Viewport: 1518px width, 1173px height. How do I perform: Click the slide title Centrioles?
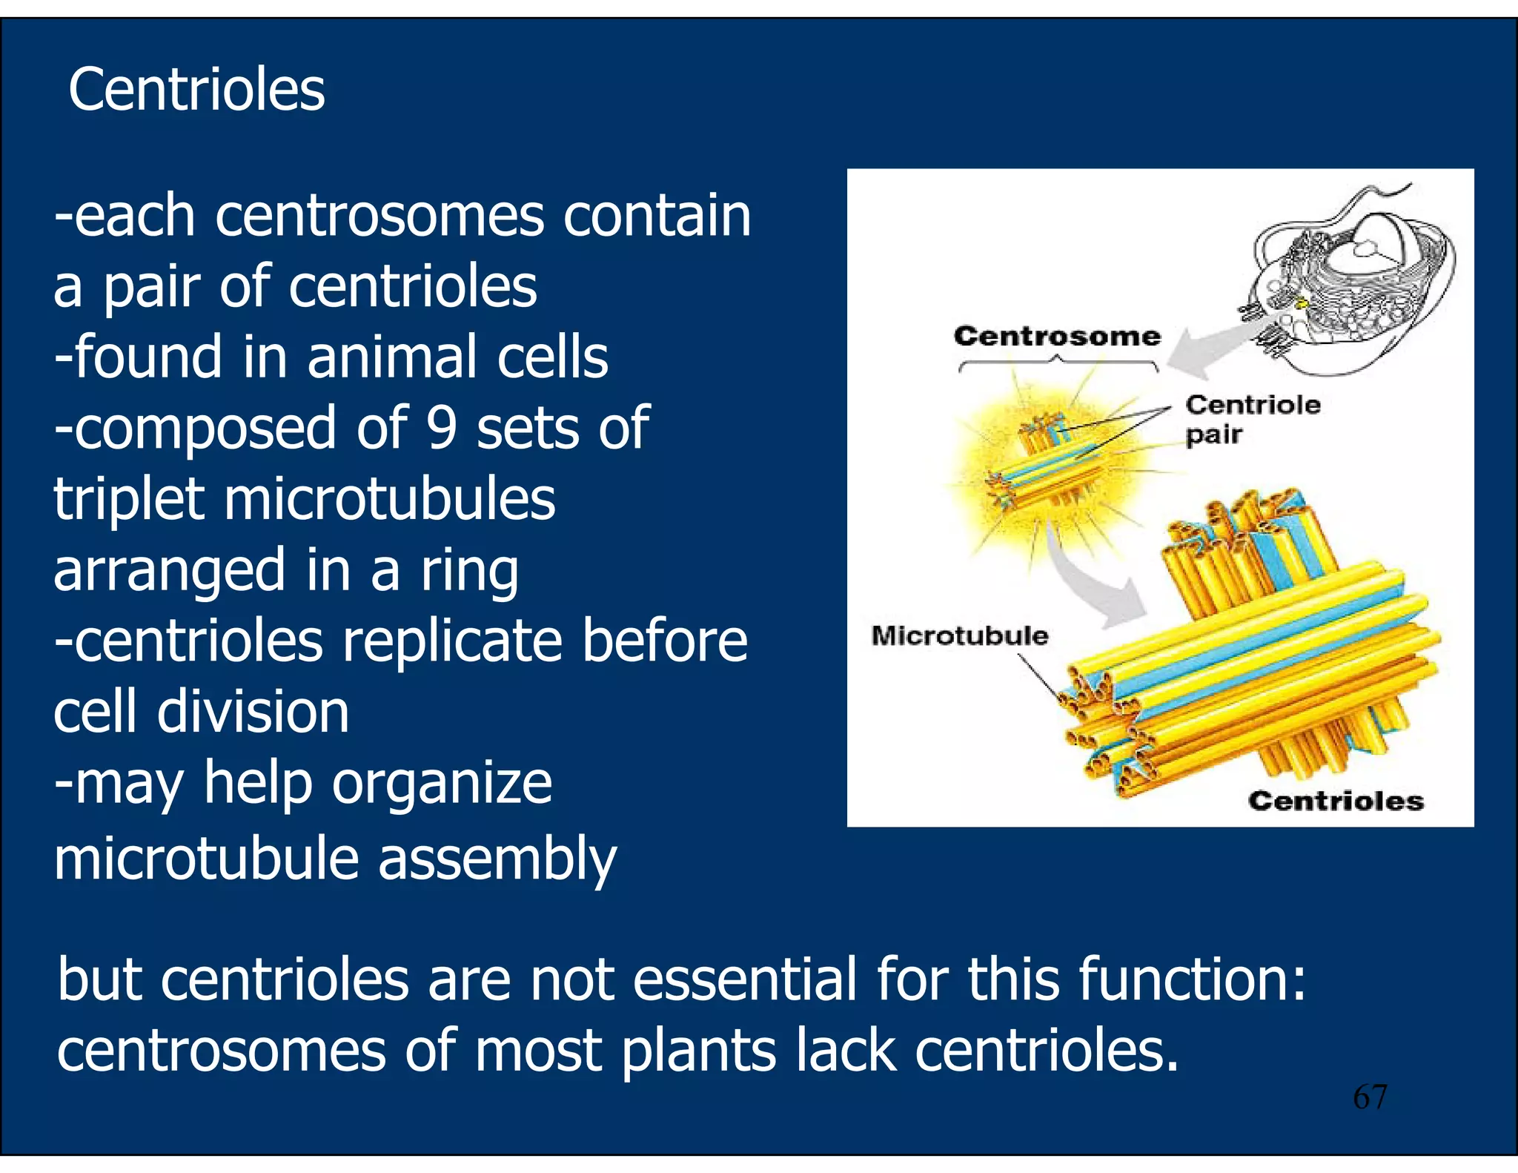[196, 90]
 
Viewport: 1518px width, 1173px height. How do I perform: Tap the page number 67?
[1370, 1097]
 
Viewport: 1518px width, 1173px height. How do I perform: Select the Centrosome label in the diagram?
[1057, 336]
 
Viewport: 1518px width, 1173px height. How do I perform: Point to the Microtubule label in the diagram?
[959, 635]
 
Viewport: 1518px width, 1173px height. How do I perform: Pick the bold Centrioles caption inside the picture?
[1336, 801]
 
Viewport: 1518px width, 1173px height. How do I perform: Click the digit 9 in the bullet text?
[442, 428]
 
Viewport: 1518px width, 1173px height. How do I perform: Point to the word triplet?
[128, 499]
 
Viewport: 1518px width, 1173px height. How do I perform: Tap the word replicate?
[452, 641]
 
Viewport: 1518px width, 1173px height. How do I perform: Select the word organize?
[442, 783]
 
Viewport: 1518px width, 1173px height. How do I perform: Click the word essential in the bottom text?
[744, 979]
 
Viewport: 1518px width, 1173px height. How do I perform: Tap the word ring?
[470, 570]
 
